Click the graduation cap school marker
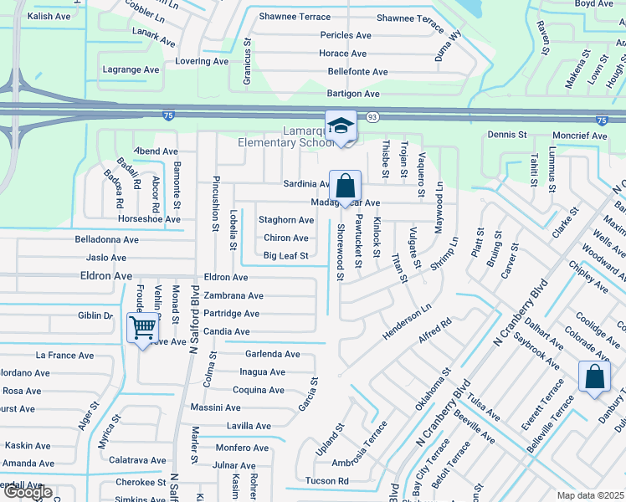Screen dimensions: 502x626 (341, 126)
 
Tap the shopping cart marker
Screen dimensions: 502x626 (143, 327)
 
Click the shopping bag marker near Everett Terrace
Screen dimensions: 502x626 (594, 376)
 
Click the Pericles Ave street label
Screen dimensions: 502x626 (346, 35)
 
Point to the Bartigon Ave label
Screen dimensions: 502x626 (353, 94)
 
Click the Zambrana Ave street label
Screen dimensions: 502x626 (233, 295)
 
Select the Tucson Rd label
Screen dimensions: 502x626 (326, 481)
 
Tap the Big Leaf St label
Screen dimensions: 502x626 (285, 255)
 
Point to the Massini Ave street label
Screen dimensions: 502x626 (216, 407)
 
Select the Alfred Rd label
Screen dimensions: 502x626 (435, 329)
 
